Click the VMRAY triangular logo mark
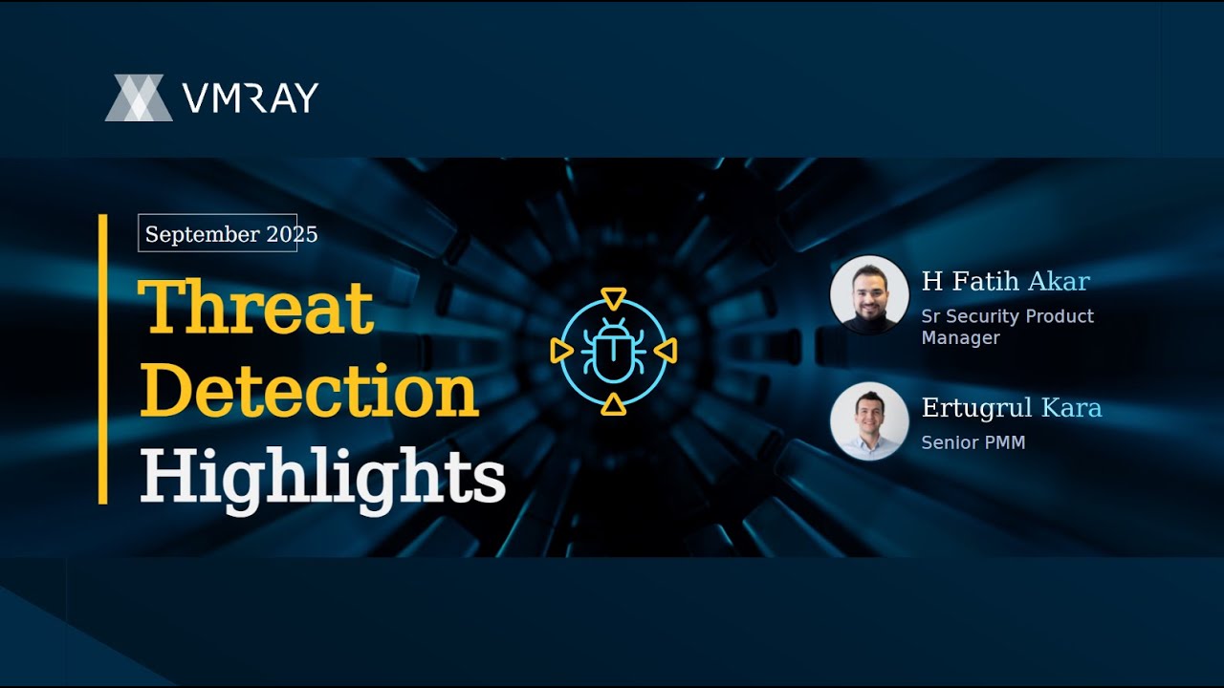pos(139,97)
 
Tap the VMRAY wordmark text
pos(251,97)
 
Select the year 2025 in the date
pos(292,234)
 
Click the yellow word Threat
pos(256,307)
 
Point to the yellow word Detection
pos(309,391)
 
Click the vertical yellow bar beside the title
pos(102,358)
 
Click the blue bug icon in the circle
pos(613,351)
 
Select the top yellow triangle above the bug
pos(614,299)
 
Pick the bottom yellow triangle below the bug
pos(613,404)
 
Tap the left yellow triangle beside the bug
pos(561,351)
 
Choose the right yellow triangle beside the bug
pos(666,351)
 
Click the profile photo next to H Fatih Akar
pos(869,295)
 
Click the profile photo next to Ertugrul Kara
pos(869,421)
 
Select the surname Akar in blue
pos(1059,281)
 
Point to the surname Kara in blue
pos(1071,407)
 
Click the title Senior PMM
pos(973,442)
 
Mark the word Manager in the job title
pos(961,338)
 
